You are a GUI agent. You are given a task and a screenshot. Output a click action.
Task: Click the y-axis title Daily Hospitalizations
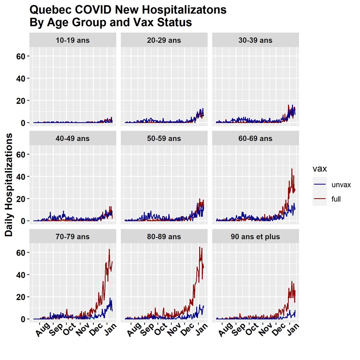9,185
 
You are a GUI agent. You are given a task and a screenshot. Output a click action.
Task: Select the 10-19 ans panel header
73,40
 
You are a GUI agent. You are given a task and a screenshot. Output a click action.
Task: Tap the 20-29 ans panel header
164,40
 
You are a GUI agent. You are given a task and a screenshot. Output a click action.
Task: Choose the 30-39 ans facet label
256,40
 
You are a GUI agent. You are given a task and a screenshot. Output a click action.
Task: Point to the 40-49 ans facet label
73,138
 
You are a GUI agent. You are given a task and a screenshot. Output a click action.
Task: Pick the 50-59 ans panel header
164,138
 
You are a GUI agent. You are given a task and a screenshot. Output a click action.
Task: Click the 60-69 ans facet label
256,138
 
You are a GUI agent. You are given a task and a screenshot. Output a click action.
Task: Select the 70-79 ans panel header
73,237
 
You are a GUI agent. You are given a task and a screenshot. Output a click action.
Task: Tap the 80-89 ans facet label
164,237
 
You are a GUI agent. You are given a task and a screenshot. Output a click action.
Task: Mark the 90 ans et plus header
256,237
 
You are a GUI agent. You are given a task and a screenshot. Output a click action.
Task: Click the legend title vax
320,169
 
